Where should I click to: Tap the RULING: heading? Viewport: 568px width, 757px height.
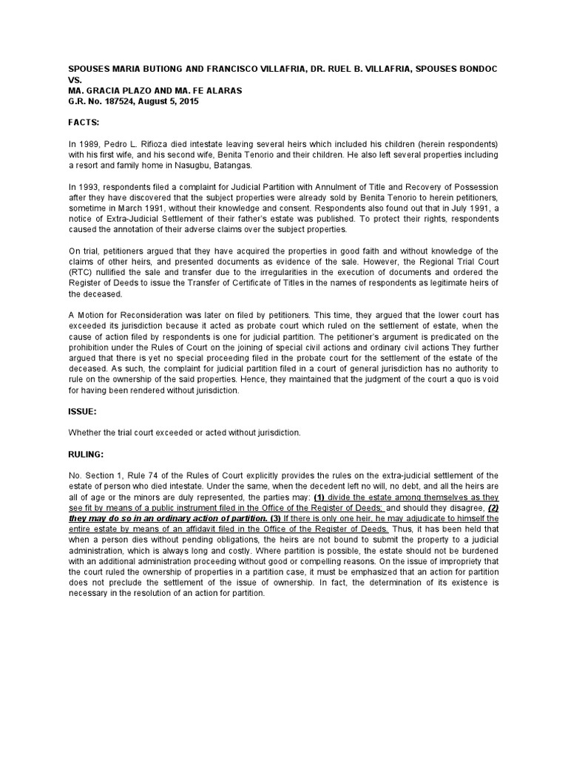coord(86,455)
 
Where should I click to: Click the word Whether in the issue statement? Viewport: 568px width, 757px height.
coord(86,432)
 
